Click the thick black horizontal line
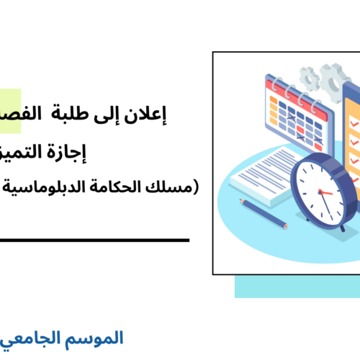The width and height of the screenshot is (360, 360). coord(94,240)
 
